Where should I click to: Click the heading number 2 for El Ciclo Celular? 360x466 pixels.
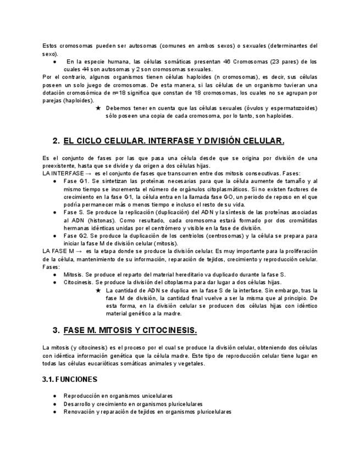[56, 141]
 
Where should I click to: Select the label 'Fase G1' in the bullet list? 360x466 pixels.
[74, 181]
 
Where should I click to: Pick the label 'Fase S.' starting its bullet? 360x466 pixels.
[73, 212]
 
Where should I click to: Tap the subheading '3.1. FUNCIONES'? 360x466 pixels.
[70, 380]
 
